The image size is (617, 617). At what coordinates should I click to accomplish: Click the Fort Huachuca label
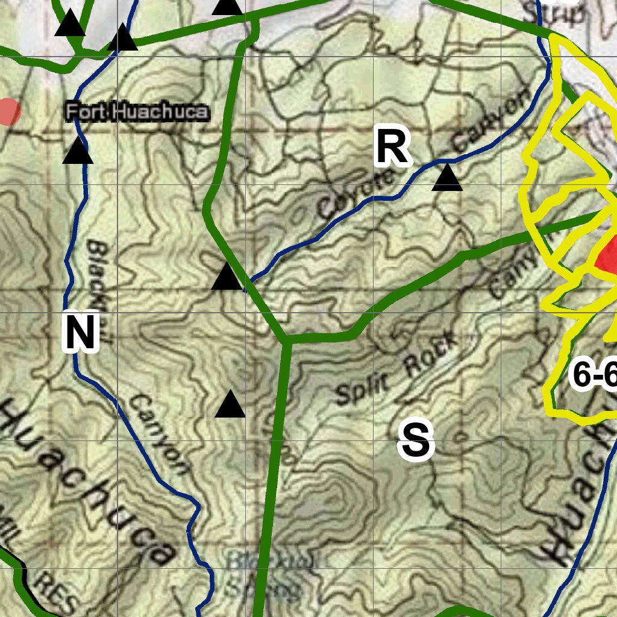[x=137, y=111]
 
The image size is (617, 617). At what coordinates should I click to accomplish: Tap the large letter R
[x=393, y=147]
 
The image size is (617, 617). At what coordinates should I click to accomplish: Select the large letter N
[x=80, y=331]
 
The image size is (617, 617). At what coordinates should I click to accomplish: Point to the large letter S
[x=416, y=440]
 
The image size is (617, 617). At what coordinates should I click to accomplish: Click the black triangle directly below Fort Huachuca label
[x=78, y=151]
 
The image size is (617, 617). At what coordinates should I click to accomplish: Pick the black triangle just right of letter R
[x=447, y=178]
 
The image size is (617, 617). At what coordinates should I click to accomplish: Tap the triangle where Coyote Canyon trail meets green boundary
[x=227, y=277]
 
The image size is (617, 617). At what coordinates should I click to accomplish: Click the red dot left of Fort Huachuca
[x=7, y=111]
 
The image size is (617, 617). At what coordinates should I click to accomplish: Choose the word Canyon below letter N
[x=158, y=433]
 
